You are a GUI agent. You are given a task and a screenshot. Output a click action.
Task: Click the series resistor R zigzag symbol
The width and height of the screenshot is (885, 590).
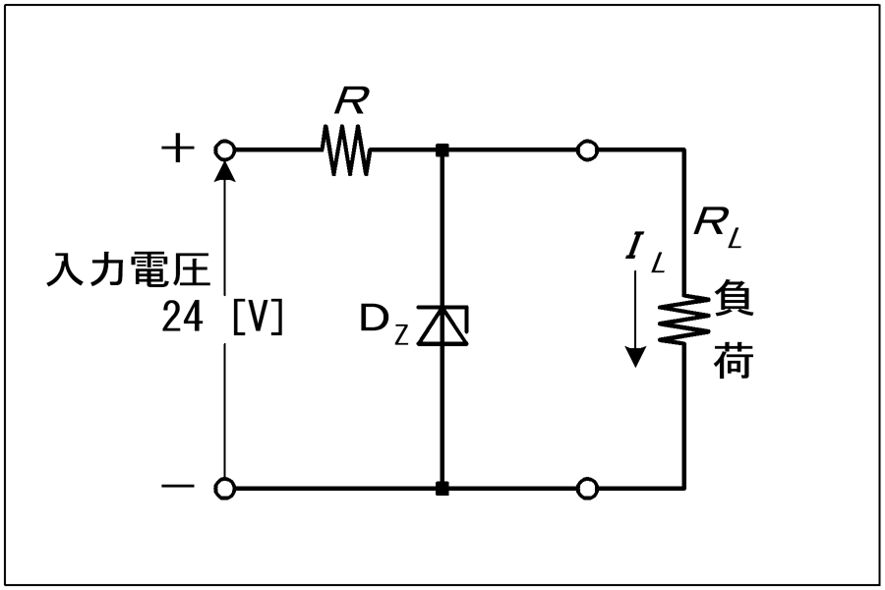click(x=346, y=150)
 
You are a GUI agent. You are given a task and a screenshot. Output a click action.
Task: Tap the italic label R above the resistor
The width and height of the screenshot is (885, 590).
click(x=351, y=100)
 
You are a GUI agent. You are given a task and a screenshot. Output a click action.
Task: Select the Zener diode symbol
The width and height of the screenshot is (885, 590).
click(x=442, y=325)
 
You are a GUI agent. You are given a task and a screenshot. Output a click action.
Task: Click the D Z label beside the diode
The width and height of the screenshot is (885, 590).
click(x=383, y=326)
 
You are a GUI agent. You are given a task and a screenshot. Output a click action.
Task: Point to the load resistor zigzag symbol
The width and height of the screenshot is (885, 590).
click(x=684, y=319)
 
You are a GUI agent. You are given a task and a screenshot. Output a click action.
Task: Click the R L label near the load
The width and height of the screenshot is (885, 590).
click(x=717, y=227)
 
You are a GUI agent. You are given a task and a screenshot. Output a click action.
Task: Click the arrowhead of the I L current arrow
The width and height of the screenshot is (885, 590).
click(x=636, y=357)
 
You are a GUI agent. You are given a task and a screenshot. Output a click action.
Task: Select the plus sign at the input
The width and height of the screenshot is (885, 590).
click(x=178, y=149)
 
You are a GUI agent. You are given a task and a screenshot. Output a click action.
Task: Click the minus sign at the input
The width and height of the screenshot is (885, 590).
click(x=178, y=486)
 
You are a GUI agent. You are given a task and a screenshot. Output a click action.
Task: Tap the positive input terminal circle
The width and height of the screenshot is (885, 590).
click(x=224, y=150)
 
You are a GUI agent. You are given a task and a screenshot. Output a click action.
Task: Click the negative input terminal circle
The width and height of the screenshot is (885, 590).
click(x=224, y=489)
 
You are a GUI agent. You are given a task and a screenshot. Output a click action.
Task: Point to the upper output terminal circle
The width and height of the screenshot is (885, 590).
click(x=588, y=150)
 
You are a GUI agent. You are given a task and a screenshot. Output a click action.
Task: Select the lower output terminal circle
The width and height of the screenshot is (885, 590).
click(x=588, y=489)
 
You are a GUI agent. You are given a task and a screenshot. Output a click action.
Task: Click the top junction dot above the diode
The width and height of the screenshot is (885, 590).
click(x=442, y=150)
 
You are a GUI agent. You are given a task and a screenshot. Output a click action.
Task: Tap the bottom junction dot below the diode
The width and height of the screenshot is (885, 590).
click(x=442, y=489)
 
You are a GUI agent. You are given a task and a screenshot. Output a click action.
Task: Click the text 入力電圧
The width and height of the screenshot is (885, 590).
click(x=129, y=268)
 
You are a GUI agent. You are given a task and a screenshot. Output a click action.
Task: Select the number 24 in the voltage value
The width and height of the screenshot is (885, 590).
click(x=182, y=317)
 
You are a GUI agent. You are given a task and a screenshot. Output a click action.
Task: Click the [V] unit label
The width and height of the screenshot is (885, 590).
click(x=258, y=317)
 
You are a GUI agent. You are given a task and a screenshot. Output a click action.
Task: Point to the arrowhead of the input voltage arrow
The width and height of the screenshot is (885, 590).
click(x=224, y=170)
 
